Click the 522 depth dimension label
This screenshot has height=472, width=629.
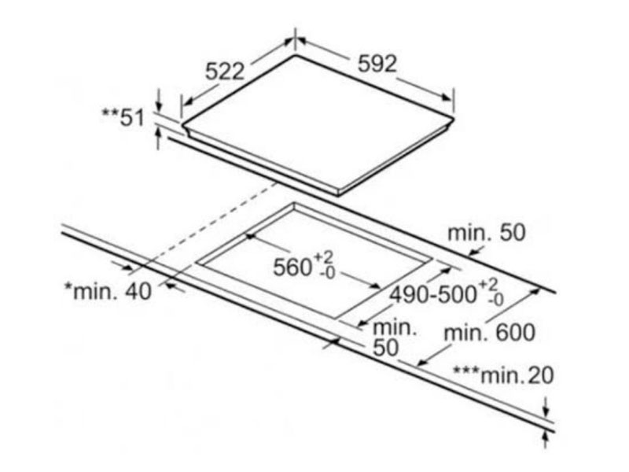(x=225, y=72)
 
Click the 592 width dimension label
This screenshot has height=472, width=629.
(x=377, y=64)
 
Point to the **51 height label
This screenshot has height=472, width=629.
(x=123, y=117)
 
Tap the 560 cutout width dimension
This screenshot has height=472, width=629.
(x=303, y=265)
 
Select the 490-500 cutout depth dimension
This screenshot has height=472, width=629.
(x=447, y=294)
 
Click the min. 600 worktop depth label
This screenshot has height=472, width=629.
(x=489, y=333)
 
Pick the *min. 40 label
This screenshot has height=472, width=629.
(x=109, y=291)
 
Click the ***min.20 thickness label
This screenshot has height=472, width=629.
(x=503, y=375)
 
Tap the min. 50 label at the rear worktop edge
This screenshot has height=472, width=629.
(x=486, y=233)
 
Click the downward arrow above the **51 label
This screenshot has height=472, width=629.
(x=159, y=101)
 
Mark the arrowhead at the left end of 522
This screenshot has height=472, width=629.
(x=189, y=102)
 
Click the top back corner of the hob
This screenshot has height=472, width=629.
(x=296, y=54)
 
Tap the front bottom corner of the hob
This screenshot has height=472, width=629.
(x=337, y=195)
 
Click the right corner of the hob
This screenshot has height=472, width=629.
(x=454, y=120)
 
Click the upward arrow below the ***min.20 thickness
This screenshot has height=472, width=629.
(x=545, y=439)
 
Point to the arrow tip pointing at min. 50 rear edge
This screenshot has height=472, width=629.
(x=470, y=254)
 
